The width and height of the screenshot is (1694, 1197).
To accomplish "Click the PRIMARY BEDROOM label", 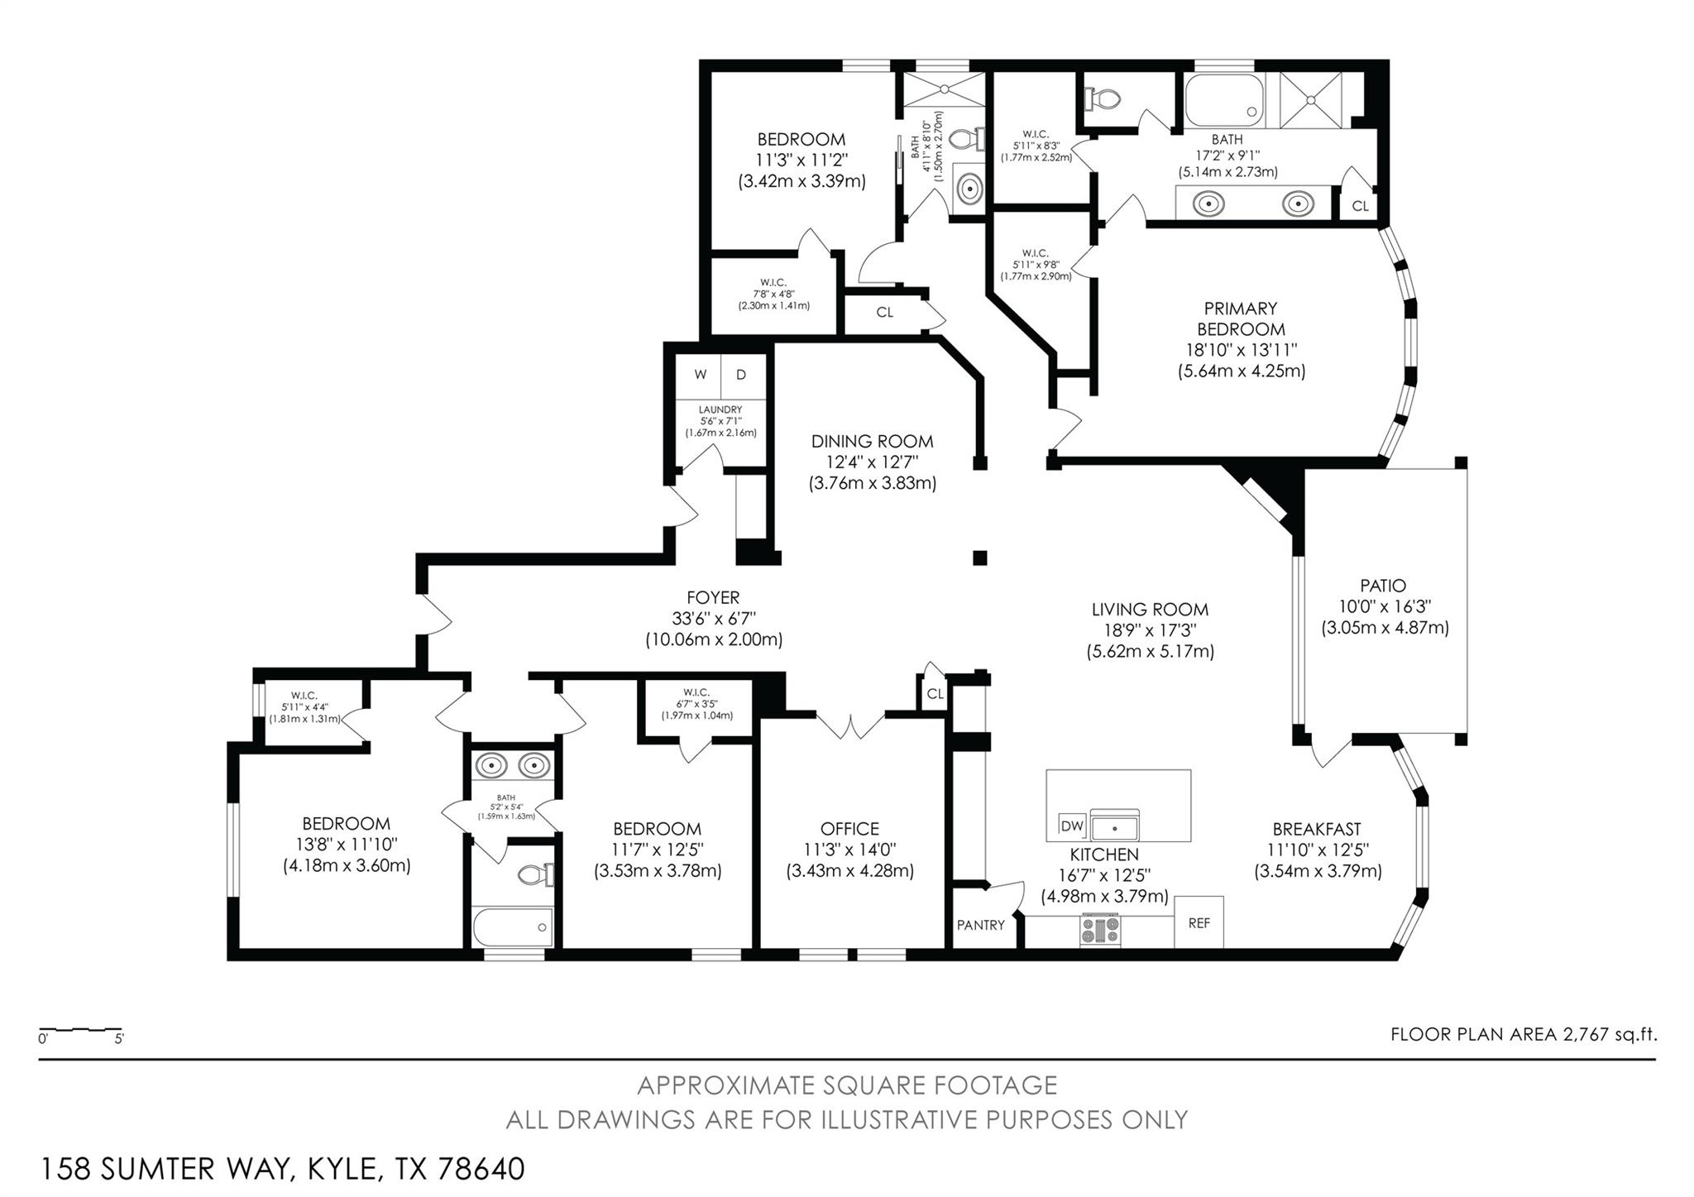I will pyautogui.click(x=1241, y=318).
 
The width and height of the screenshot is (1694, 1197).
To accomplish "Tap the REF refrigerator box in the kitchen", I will pyautogui.click(x=1199, y=922).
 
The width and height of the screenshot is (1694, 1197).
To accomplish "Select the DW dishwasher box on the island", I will pyautogui.click(x=1072, y=825).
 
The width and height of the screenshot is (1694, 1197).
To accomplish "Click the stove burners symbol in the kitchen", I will pyautogui.click(x=1099, y=930).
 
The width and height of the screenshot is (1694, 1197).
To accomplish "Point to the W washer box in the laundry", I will pyautogui.click(x=700, y=375).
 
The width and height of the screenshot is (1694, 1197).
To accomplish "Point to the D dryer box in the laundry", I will pyautogui.click(x=741, y=375).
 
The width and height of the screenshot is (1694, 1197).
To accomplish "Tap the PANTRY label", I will pyautogui.click(x=980, y=925).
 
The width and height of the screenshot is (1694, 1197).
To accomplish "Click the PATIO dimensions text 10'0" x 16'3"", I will pyautogui.click(x=1384, y=606).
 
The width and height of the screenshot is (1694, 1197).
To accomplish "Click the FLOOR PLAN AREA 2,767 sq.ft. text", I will pyautogui.click(x=1524, y=1034).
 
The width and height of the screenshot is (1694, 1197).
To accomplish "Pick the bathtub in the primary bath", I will pyautogui.click(x=1224, y=98).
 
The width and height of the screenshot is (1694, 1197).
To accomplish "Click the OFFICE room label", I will pyautogui.click(x=849, y=828).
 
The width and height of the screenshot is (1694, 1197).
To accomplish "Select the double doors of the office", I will pyautogui.click(x=850, y=725).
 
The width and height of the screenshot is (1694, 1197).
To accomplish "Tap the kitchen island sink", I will pyautogui.click(x=1114, y=826).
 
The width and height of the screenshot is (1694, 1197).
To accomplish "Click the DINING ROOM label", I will pyautogui.click(x=872, y=441).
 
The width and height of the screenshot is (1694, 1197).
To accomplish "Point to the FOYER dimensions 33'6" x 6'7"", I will pyautogui.click(x=713, y=618).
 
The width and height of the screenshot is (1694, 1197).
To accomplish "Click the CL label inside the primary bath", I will pyautogui.click(x=1360, y=206).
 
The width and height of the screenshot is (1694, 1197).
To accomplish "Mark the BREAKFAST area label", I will pyautogui.click(x=1316, y=828).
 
